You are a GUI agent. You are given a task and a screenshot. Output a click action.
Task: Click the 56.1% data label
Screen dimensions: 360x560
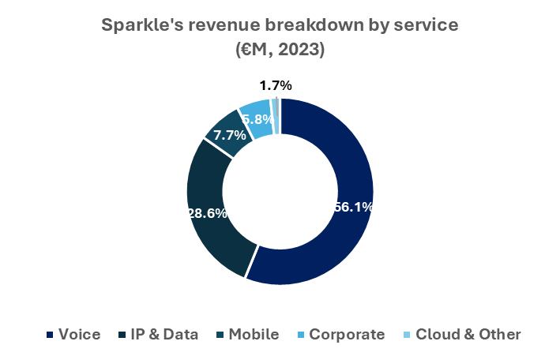(x=352, y=208)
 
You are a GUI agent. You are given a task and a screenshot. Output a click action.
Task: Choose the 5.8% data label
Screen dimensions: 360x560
(x=258, y=120)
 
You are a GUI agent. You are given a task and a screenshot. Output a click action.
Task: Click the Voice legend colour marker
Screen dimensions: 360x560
(x=50, y=335)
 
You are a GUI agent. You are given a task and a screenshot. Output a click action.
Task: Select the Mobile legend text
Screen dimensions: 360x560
(x=254, y=334)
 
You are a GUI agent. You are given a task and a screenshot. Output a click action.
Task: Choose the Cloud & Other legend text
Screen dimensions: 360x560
(x=468, y=334)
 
